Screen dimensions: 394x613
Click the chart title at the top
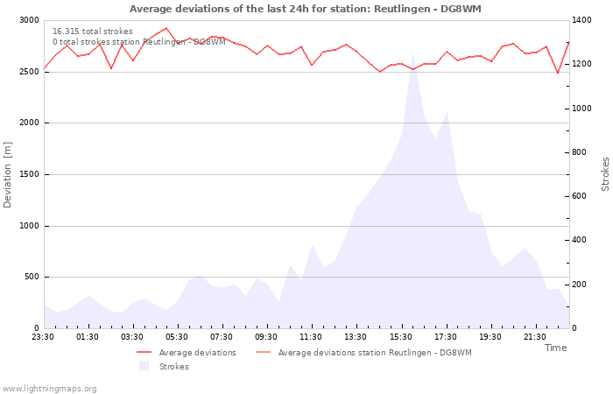[x=306, y=9]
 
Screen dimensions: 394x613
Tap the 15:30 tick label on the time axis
[x=401, y=336]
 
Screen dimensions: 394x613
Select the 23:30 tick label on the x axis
[x=43, y=336]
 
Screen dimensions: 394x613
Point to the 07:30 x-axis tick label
[x=222, y=336]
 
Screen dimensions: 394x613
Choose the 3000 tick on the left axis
[x=29, y=20]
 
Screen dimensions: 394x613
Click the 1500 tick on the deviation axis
[x=29, y=174]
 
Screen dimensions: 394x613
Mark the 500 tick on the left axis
[x=32, y=277]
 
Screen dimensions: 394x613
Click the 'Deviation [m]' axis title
[x=9, y=174]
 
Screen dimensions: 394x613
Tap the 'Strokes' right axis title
[x=605, y=174]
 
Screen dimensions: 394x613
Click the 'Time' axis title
[x=555, y=348]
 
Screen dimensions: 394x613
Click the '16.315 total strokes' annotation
[x=93, y=32]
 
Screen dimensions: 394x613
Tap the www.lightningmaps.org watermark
[x=50, y=388]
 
